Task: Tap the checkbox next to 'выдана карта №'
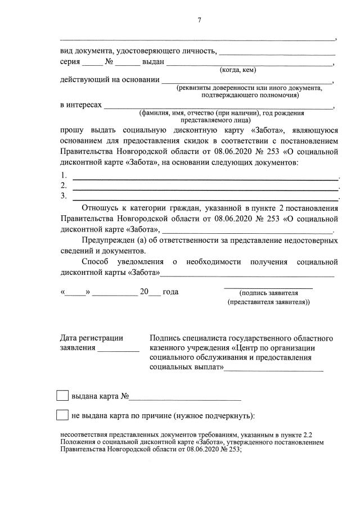[63, 396]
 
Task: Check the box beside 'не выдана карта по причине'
[63, 415]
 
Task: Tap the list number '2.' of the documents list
[64, 186]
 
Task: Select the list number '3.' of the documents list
[64, 196]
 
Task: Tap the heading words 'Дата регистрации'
[91, 338]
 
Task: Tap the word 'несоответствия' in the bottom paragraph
[85, 435]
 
